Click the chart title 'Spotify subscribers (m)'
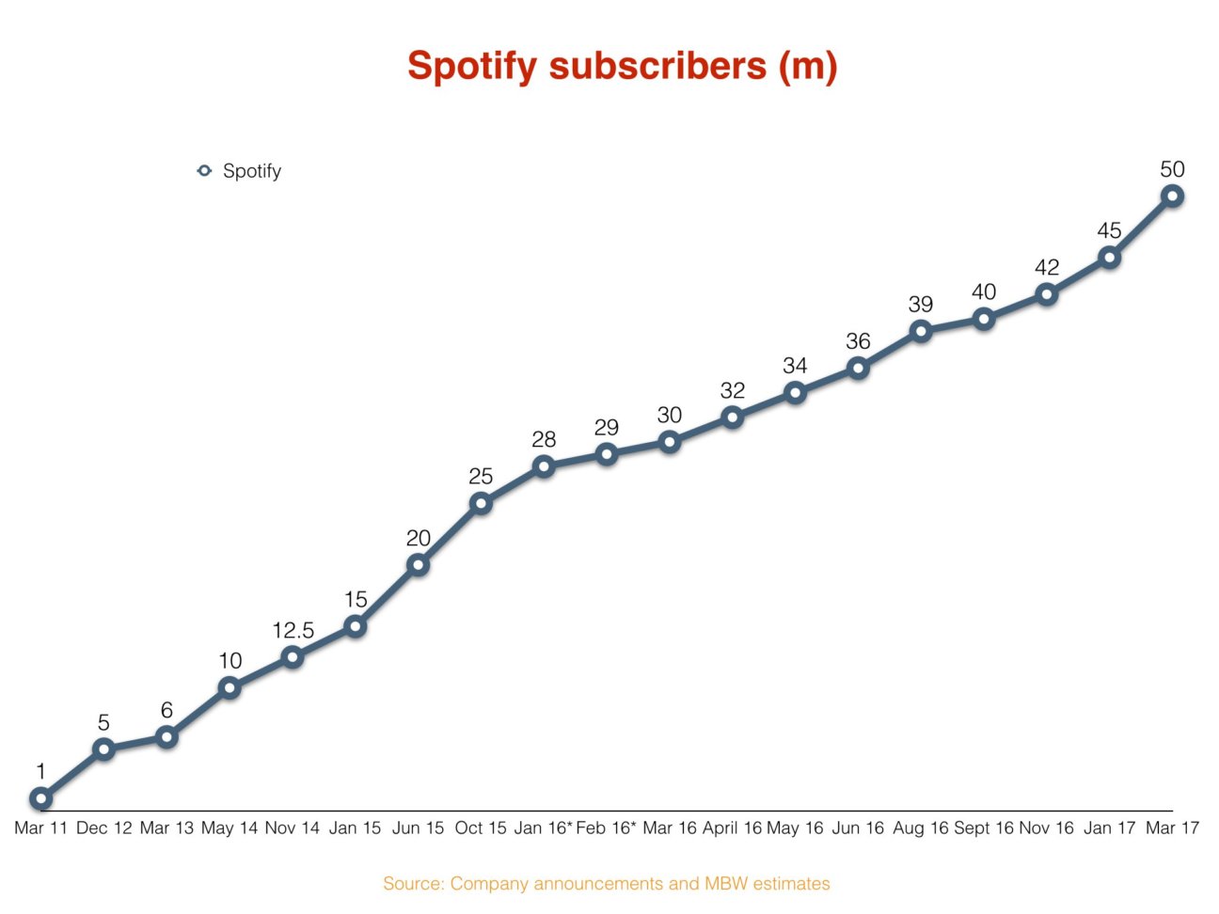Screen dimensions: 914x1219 tap(622, 67)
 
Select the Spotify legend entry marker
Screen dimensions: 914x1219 tap(204, 171)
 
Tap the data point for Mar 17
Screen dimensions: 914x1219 tap(1172, 196)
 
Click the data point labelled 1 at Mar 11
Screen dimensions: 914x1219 tap(40, 799)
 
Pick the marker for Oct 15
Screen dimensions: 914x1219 tap(481, 503)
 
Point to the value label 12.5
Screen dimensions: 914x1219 tap(293, 631)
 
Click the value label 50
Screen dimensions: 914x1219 tap(1172, 170)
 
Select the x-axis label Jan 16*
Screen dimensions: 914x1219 tap(543, 828)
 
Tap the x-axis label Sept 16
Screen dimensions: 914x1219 tap(983, 828)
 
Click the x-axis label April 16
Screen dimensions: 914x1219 tap(732, 828)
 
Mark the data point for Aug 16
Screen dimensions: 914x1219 tap(921, 331)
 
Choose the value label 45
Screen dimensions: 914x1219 tap(1109, 231)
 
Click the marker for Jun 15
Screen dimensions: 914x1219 tap(418, 565)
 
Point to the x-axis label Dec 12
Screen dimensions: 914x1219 tap(103, 828)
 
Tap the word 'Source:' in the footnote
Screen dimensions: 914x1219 tap(414, 884)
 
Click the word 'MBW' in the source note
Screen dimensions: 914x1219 tap(725, 884)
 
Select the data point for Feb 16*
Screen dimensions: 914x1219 tap(607, 454)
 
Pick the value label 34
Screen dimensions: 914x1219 tap(795, 367)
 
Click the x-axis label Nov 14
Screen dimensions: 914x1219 tap(293, 828)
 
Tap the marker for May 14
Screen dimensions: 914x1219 tap(230, 688)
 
